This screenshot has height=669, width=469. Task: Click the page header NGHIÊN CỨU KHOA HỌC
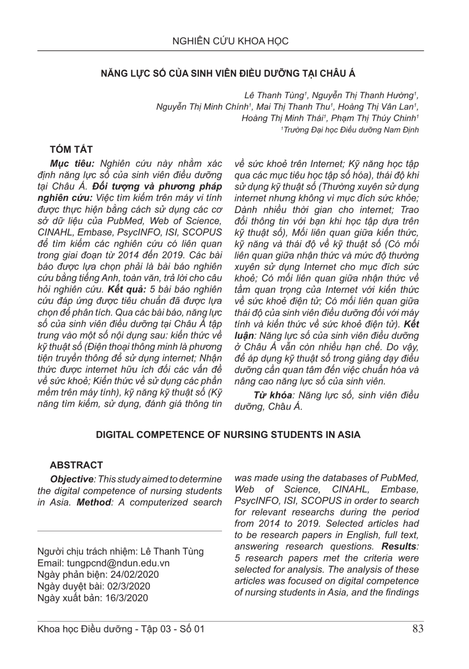tap(230, 41)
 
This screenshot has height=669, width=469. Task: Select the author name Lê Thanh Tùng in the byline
tap(268, 96)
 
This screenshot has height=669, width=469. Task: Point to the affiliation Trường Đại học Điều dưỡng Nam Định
tap(351, 130)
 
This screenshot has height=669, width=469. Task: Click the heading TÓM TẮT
tap(71, 149)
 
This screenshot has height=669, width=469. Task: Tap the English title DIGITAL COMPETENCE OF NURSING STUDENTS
tap(228, 435)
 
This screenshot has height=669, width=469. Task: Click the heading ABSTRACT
tap(76, 465)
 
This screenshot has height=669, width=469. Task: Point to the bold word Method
tap(93, 502)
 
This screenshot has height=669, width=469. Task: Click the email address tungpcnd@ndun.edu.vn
tap(116, 563)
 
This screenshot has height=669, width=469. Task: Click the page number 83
tap(417, 629)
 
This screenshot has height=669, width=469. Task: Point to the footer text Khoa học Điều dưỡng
tap(85, 629)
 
